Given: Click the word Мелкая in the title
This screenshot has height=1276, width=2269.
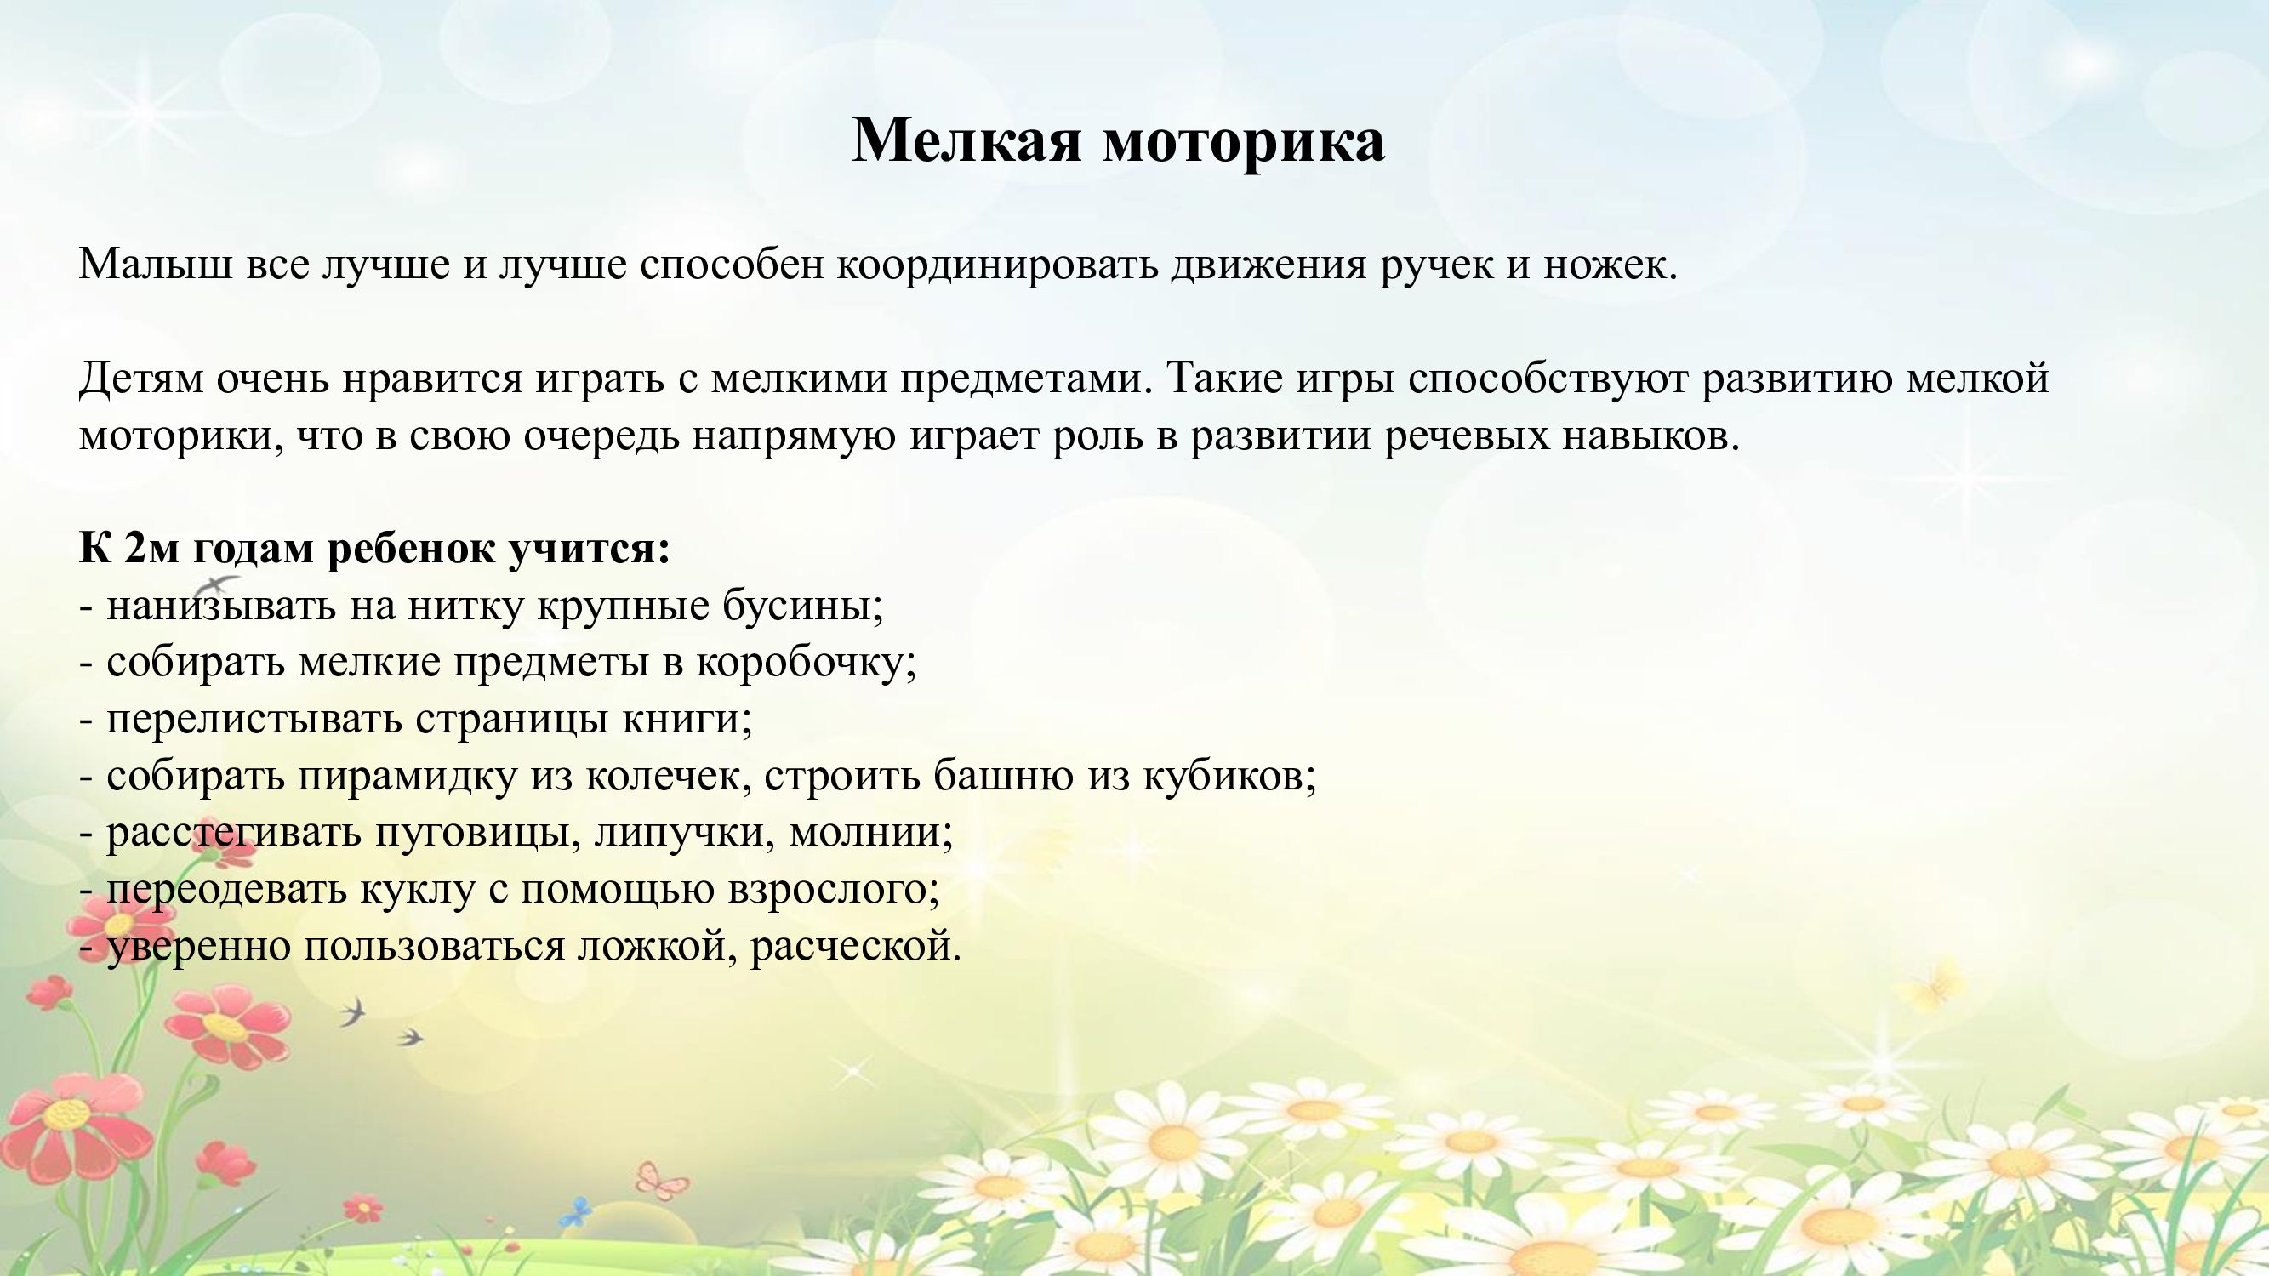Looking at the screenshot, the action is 966,140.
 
